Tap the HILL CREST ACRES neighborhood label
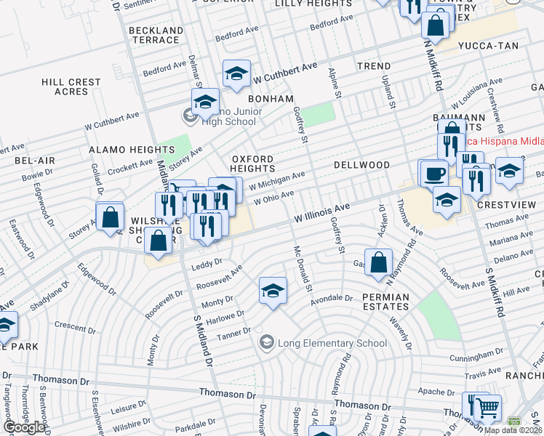[71, 87]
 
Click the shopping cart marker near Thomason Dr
[487, 408]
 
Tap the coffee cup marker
[435, 174]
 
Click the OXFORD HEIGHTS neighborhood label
[252, 163]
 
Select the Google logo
[25, 427]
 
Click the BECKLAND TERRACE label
[155, 35]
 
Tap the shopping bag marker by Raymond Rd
[378, 262]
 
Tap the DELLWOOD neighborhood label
[361, 165]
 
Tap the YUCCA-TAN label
[488, 46]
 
